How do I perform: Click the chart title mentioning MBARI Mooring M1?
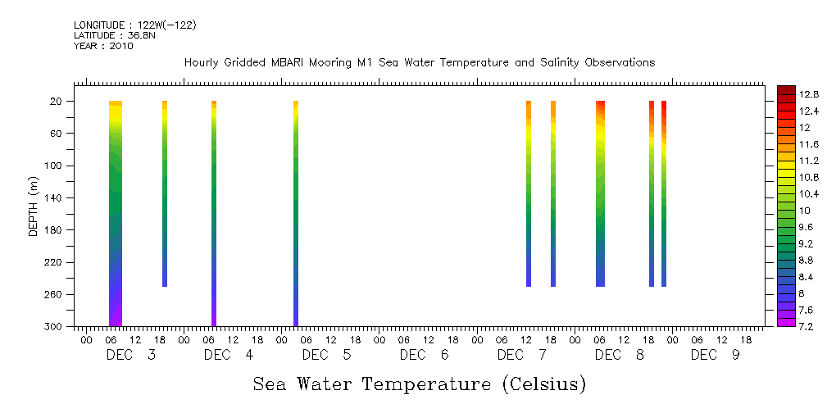coord(419,63)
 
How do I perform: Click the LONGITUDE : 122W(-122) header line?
coord(134,25)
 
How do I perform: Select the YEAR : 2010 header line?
coord(103,46)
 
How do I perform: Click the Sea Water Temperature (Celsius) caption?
coord(419,384)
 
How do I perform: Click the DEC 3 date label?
coord(131,355)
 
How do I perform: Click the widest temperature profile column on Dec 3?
coord(116,213)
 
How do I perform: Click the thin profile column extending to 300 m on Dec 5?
coord(296,213)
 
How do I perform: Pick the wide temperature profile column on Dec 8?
coord(600,193)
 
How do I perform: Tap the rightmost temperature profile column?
coord(664,193)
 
